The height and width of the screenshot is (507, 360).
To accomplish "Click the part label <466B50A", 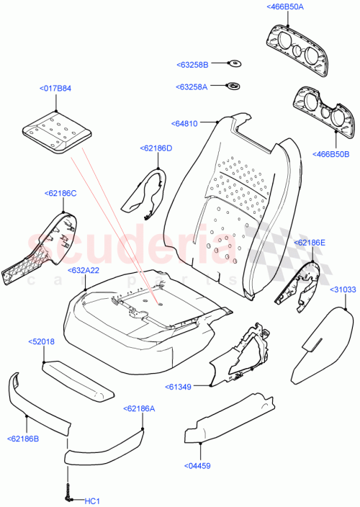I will (286, 6).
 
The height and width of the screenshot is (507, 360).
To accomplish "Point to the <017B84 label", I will (57, 89).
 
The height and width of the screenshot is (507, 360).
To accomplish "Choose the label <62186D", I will (156, 148).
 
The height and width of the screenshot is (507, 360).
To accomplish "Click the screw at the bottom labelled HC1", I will (68, 493).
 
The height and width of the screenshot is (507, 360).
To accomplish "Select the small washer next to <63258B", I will (235, 64).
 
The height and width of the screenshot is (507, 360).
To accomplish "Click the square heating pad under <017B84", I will (56, 132).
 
